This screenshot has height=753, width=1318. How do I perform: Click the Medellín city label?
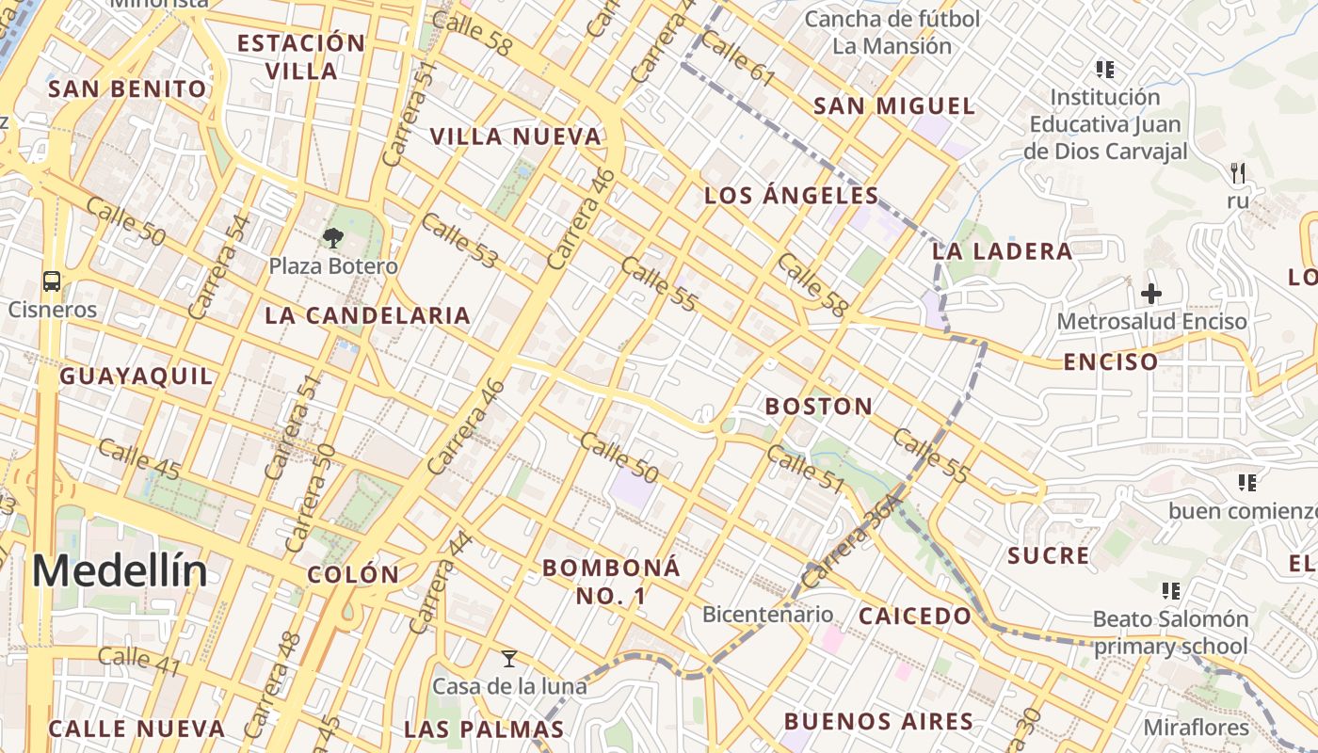pyautogui.click(x=120, y=571)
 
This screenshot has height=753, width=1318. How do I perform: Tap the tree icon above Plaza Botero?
pyautogui.click(x=332, y=238)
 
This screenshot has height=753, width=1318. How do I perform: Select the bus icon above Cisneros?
pyautogui.click(x=52, y=280)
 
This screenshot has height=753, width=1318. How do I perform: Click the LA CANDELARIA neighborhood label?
pyautogui.click(x=367, y=315)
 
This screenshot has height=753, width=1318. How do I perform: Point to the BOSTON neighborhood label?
pyautogui.click(x=818, y=407)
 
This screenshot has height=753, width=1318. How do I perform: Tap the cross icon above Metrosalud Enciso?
pyautogui.click(x=1150, y=294)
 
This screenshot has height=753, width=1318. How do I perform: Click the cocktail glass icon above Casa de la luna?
pyautogui.click(x=509, y=658)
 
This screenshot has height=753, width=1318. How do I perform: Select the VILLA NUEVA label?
pyautogui.click(x=515, y=136)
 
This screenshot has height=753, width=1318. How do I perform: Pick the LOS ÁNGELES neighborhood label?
pyautogui.click(x=791, y=196)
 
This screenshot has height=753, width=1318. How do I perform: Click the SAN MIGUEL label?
pyautogui.click(x=893, y=105)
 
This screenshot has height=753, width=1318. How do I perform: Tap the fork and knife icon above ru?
pyautogui.click(x=1238, y=172)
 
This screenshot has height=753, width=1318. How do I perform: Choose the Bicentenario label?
pyautogui.click(x=767, y=615)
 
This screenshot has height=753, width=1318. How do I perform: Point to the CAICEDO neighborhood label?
pyautogui.click(x=914, y=617)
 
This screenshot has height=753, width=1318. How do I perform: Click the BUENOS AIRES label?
pyautogui.click(x=878, y=722)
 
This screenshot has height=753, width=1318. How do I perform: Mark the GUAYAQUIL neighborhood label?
pyautogui.click(x=137, y=376)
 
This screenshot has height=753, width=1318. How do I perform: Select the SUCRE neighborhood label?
pyautogui.click(x=1048, y=555)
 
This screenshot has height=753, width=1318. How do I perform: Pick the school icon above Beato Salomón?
pyautogui.click(x=1170, y=591)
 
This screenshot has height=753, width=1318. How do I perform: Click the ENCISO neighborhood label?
pyautogui.click(x=1110, y=361)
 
